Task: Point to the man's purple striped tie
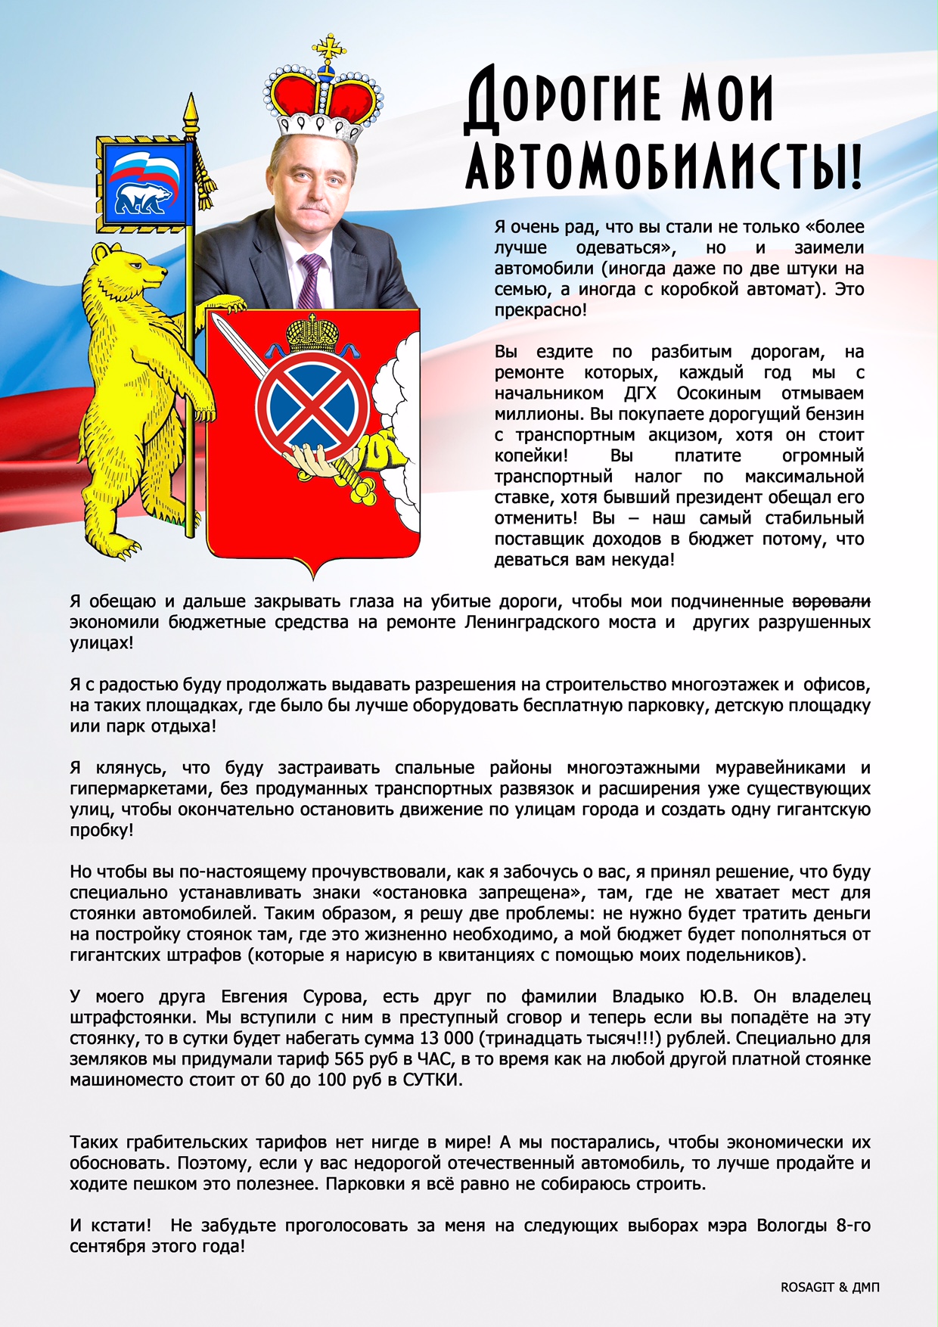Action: pos(310,279)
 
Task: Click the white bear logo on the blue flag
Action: pos(143,197)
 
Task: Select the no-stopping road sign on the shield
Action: pos(312,401)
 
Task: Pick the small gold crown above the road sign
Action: pos(312,332)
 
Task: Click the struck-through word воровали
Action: pos(831,601)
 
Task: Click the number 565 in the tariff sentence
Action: pos(349,1059)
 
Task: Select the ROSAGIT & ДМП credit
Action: pos(830,1287)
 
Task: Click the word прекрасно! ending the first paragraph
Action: pos(540,310)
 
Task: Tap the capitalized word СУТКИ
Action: pos(430,1080)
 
